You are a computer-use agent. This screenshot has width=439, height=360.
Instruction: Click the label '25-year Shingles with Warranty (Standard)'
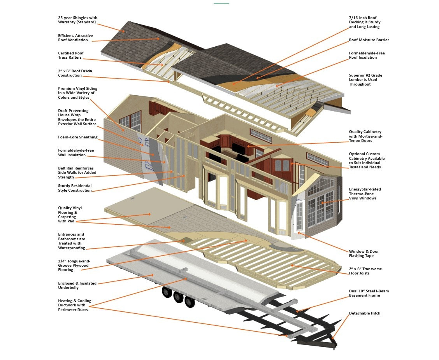pos(77,20)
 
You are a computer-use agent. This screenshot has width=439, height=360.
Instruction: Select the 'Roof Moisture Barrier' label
pos(369,40)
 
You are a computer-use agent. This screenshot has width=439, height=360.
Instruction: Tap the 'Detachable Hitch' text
pos(365,313)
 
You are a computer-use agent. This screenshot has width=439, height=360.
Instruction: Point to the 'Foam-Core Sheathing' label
pos(78,137)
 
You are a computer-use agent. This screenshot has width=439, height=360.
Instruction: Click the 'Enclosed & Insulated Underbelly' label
pos(77,285)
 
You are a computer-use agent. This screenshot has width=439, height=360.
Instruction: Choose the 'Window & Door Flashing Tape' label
pos(363,253)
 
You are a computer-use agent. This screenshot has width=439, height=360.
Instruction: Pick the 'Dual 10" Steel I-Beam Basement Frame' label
pos(369,293)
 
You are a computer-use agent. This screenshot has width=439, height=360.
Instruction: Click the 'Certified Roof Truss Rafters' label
pos(71,55)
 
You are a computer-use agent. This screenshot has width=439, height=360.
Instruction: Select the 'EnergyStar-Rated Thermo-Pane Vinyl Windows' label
pos(365,194)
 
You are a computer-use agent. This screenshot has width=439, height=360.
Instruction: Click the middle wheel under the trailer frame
pos(178,297)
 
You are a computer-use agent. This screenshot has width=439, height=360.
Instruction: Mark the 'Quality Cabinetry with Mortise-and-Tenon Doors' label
pos(365,136)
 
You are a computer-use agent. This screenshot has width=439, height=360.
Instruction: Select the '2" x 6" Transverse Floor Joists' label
pos(365,271)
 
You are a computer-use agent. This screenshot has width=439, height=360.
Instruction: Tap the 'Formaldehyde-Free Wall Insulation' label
pos(76,152)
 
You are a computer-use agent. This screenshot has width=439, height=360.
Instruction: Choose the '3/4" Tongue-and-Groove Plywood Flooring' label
pos(74,266)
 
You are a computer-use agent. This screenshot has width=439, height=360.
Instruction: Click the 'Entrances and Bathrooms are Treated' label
pos(71,241)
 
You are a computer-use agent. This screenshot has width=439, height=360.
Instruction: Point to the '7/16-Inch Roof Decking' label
pos(365,22)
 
